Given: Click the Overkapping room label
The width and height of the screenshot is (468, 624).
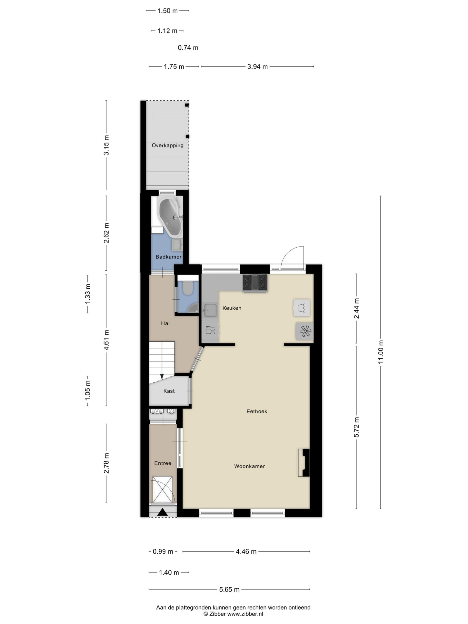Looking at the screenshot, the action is (x=167, y=146).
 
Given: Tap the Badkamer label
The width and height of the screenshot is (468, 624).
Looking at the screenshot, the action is (x=168, y=257).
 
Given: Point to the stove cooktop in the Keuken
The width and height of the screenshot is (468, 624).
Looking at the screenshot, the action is (x=255, y=282).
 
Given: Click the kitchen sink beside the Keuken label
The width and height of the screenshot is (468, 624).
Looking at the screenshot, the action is (x=210, y=310).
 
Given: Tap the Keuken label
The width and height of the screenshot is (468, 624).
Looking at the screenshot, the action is (x=232, y=308).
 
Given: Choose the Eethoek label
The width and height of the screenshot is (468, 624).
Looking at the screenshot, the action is (x=257, y=412).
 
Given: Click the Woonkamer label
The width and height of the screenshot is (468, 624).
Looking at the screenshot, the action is (x=249, y=466).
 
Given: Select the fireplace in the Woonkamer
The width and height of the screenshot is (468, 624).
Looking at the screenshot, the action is (x=304, y=463).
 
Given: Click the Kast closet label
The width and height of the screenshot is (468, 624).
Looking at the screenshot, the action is (x=169, y=391).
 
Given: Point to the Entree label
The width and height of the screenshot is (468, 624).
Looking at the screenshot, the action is (x=163, y=463).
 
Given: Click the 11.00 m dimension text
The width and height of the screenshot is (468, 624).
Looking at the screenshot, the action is (x=380, y=352).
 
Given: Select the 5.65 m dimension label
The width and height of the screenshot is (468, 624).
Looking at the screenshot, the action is (x=229, y=590).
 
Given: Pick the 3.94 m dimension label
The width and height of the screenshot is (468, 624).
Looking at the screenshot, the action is (x=258, y=67).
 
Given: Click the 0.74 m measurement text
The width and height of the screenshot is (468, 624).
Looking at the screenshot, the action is (x=188, y=48).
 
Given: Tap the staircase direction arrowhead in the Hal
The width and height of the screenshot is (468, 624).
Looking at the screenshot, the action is (x=162, y=377).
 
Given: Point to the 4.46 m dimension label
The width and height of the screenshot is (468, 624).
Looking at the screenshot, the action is (x=246, y=552).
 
